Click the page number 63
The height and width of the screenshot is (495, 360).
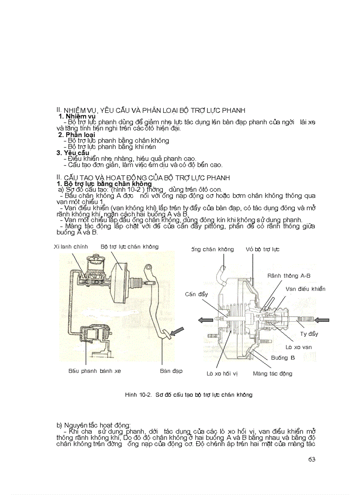coord(312,459)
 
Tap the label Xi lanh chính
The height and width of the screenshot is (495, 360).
coord(71,246)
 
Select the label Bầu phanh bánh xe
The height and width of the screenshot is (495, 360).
coord(94,371)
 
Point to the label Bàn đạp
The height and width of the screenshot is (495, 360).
coord(171,371)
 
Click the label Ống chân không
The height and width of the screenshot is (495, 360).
coord(212,249)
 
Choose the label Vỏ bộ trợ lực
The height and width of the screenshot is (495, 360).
coord(262,249)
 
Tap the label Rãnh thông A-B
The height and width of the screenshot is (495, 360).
coord(289,275)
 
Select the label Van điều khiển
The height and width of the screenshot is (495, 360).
coord(305,289)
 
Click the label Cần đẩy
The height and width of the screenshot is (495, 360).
coord(196,294)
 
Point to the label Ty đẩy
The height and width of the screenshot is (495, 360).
coord(309,334)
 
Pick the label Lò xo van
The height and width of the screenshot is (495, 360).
coord(299,347)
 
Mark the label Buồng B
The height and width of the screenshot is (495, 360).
coord(283,357)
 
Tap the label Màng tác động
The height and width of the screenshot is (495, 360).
coord(272,373)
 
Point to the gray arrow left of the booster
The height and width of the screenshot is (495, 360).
coord(205,320)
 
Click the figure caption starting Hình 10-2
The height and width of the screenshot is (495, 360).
coord(188,395)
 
